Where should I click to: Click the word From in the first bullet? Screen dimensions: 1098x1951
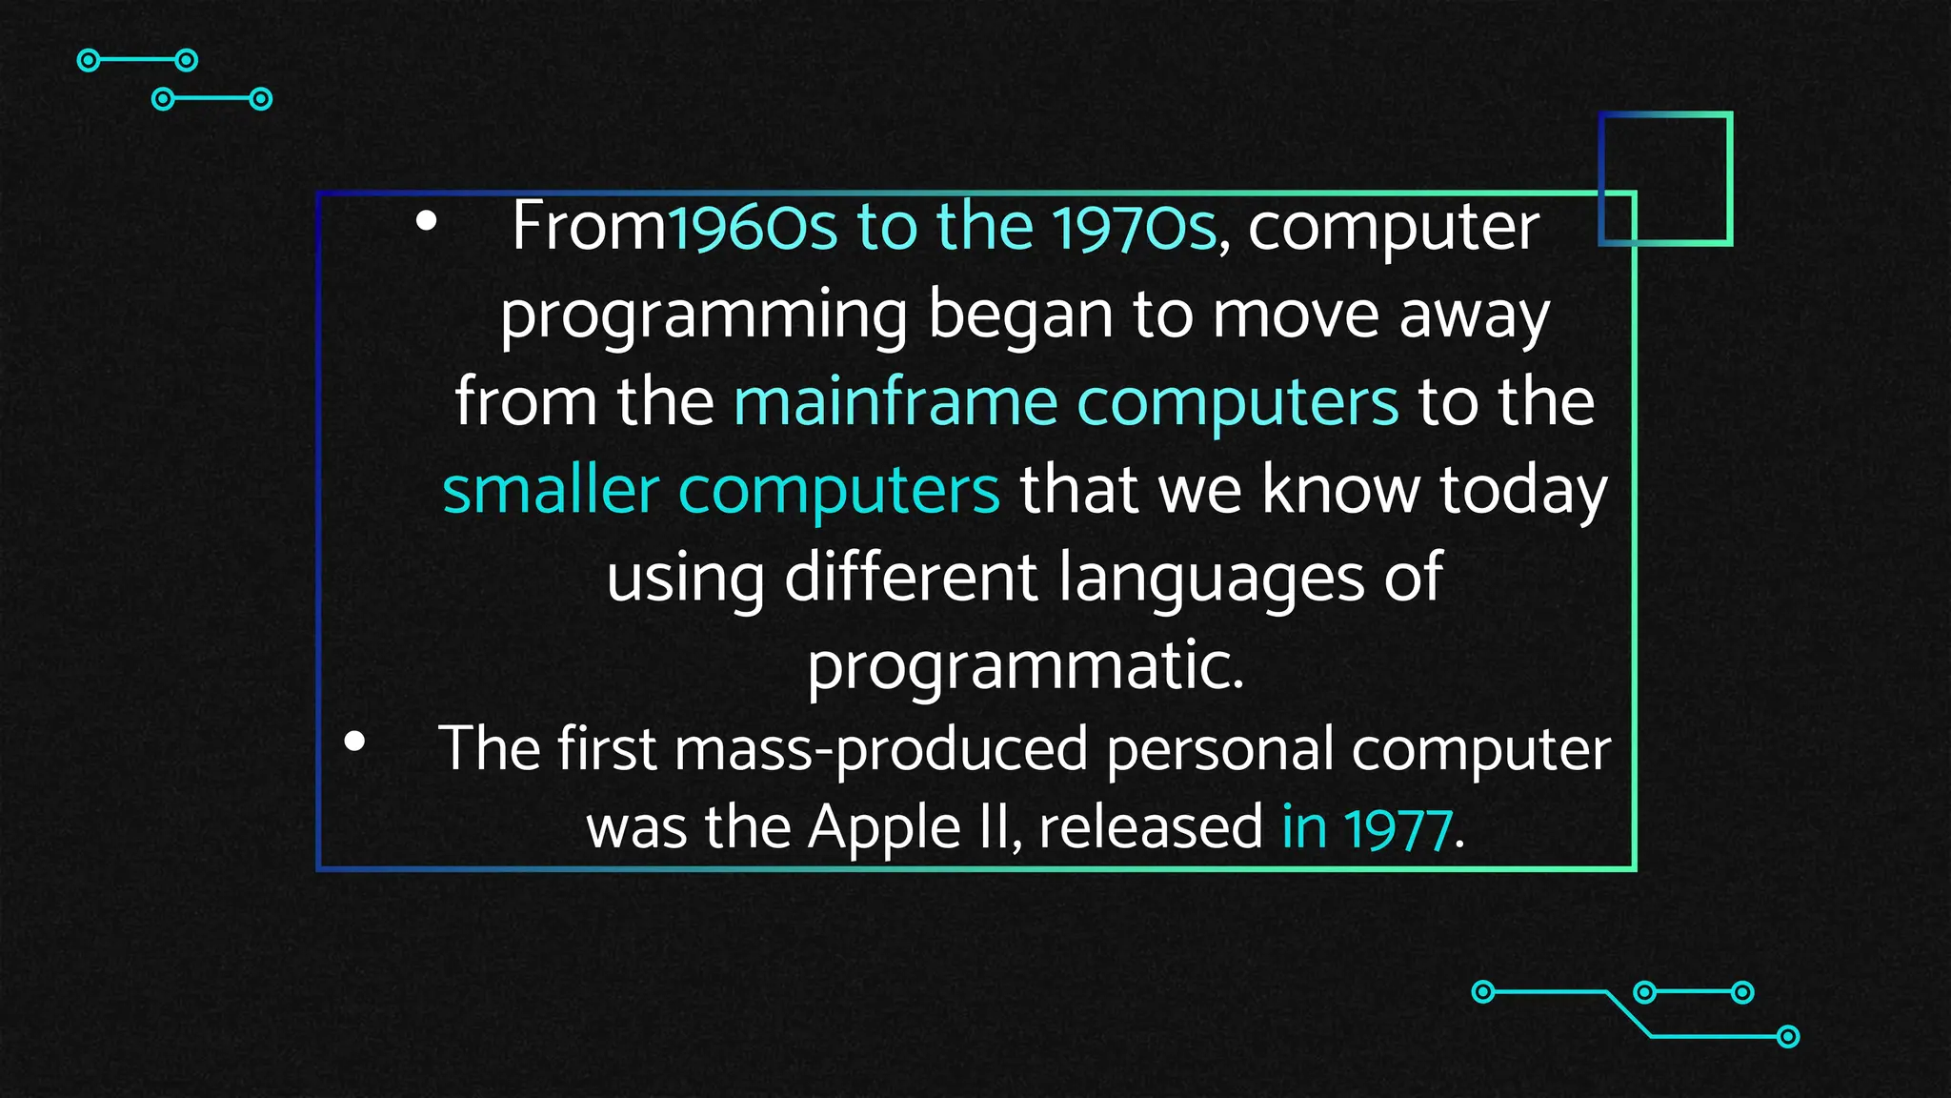click(588, 227)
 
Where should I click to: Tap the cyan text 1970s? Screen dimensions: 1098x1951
click(1134, 227)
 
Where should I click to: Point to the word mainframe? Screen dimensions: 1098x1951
click(895, 402)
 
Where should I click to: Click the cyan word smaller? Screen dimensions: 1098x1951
click(551, 490)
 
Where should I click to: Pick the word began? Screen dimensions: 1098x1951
click(1020, 316)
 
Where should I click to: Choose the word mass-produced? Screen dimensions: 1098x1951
click(880, 749)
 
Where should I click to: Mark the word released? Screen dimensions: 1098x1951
click(1150, 827)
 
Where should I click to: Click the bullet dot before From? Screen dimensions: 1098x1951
click(426, 222)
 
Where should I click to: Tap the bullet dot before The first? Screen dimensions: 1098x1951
click(354, 742)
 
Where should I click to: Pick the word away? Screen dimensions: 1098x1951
click(1474, 316)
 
